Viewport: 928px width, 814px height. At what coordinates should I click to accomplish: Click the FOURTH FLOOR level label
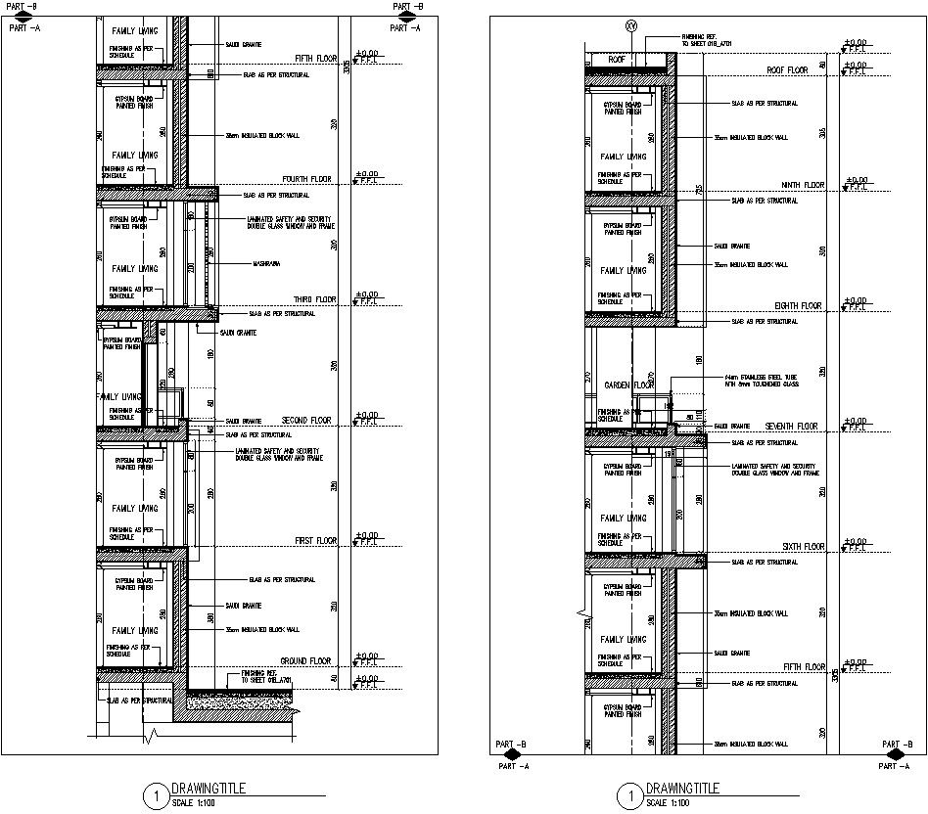306,179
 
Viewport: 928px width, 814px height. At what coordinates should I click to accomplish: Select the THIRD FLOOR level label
314,299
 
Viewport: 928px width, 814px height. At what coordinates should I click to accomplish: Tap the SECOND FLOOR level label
306,420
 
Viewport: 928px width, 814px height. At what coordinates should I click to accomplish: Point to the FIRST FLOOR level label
315,540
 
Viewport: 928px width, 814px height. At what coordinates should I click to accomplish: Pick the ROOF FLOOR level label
787,70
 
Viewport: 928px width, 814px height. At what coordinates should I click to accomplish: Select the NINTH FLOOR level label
802,185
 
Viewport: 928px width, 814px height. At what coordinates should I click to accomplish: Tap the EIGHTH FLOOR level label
798,305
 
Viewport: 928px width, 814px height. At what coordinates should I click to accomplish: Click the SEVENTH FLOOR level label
791,427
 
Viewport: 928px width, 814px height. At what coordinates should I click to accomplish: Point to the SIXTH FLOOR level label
803,547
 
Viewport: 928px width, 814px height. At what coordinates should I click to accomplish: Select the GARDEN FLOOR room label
628,385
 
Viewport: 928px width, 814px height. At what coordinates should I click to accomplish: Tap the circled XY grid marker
630,27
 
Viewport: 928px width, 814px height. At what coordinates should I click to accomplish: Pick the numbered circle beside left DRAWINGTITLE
155,796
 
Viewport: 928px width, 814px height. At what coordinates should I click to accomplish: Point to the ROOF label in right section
617,60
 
